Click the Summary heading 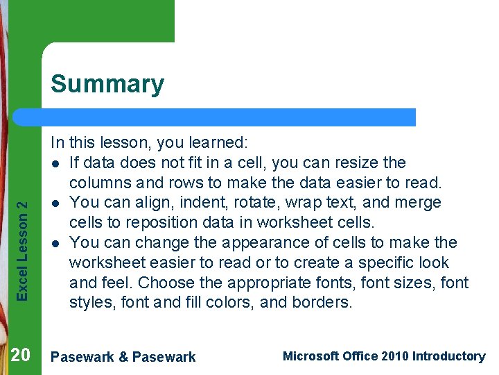click(107, 84)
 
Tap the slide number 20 click(21, 356)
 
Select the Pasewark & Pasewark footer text click(124, 357)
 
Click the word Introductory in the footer click(448, 356)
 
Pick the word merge click(419, 203)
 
